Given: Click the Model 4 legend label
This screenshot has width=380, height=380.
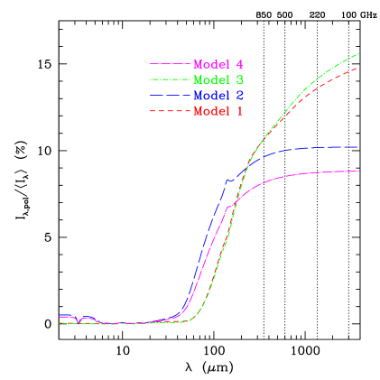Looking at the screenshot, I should (218, 65).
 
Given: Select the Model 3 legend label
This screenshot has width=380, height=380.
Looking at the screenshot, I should (218, 80).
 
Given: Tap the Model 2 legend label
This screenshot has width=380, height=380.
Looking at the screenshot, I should (218, 96).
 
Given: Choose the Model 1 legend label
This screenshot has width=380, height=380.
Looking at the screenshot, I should (218, 111).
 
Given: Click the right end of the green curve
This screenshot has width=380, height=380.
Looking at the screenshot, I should (359, 54).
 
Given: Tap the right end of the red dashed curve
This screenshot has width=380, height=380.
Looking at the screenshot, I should (359, 68).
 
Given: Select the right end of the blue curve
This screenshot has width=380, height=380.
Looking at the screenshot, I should (358, 146).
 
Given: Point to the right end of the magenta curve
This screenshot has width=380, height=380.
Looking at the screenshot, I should (359, 171).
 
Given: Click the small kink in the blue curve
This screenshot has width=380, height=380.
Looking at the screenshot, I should (228, 180).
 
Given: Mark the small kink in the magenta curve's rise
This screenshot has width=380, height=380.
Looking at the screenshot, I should (229, 207).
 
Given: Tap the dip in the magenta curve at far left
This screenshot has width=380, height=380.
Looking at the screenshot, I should (80, 320).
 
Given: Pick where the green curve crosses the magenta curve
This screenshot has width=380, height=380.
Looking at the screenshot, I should (234, 205).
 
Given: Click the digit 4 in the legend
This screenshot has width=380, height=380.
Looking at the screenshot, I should (239, 65).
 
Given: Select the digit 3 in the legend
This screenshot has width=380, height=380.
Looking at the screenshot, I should (239, 80).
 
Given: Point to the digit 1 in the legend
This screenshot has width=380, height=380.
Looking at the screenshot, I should (239, 111).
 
